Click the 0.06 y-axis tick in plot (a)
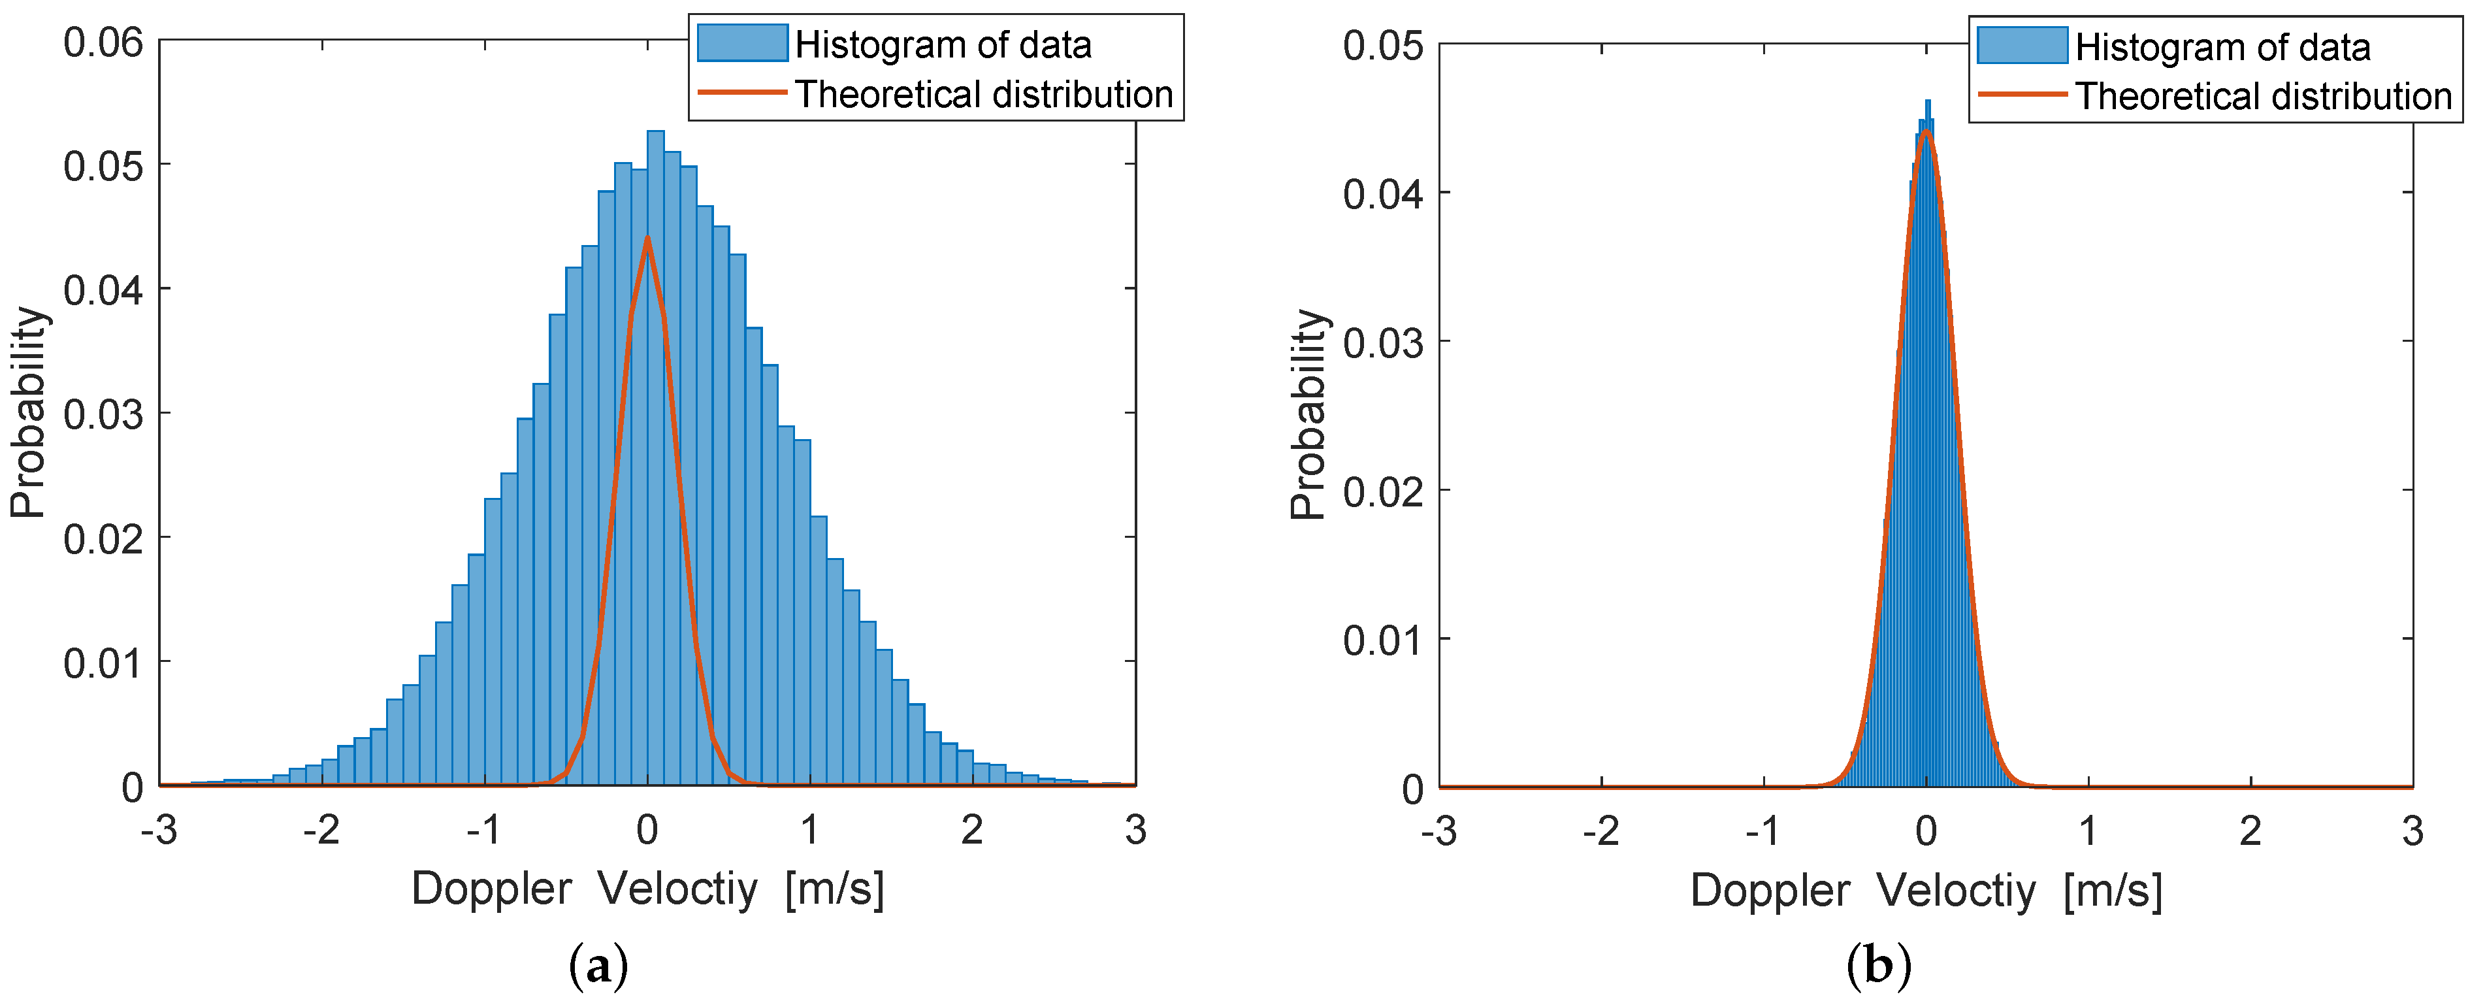(x=103, y=42)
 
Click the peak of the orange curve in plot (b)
(x=1926, y=131)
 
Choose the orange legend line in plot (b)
(x=2022, y=95)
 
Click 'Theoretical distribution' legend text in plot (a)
(x=984, y=95)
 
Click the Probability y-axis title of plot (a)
(x=29, y=413)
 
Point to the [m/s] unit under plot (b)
(x=2113, y=890)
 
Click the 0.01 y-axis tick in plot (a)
(x=103, y=663)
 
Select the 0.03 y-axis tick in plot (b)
(x=1382, y=343)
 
